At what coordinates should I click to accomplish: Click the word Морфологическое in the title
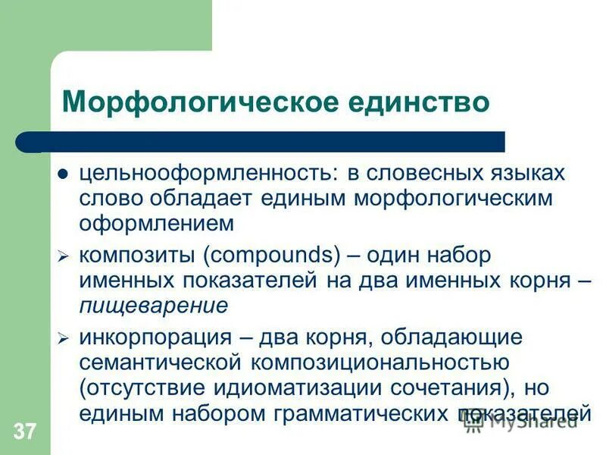(196, 102)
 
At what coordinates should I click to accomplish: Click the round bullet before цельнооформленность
(64, 174)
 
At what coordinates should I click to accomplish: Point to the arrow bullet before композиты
(64, 257)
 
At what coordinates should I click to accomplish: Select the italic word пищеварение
(154, 306)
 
